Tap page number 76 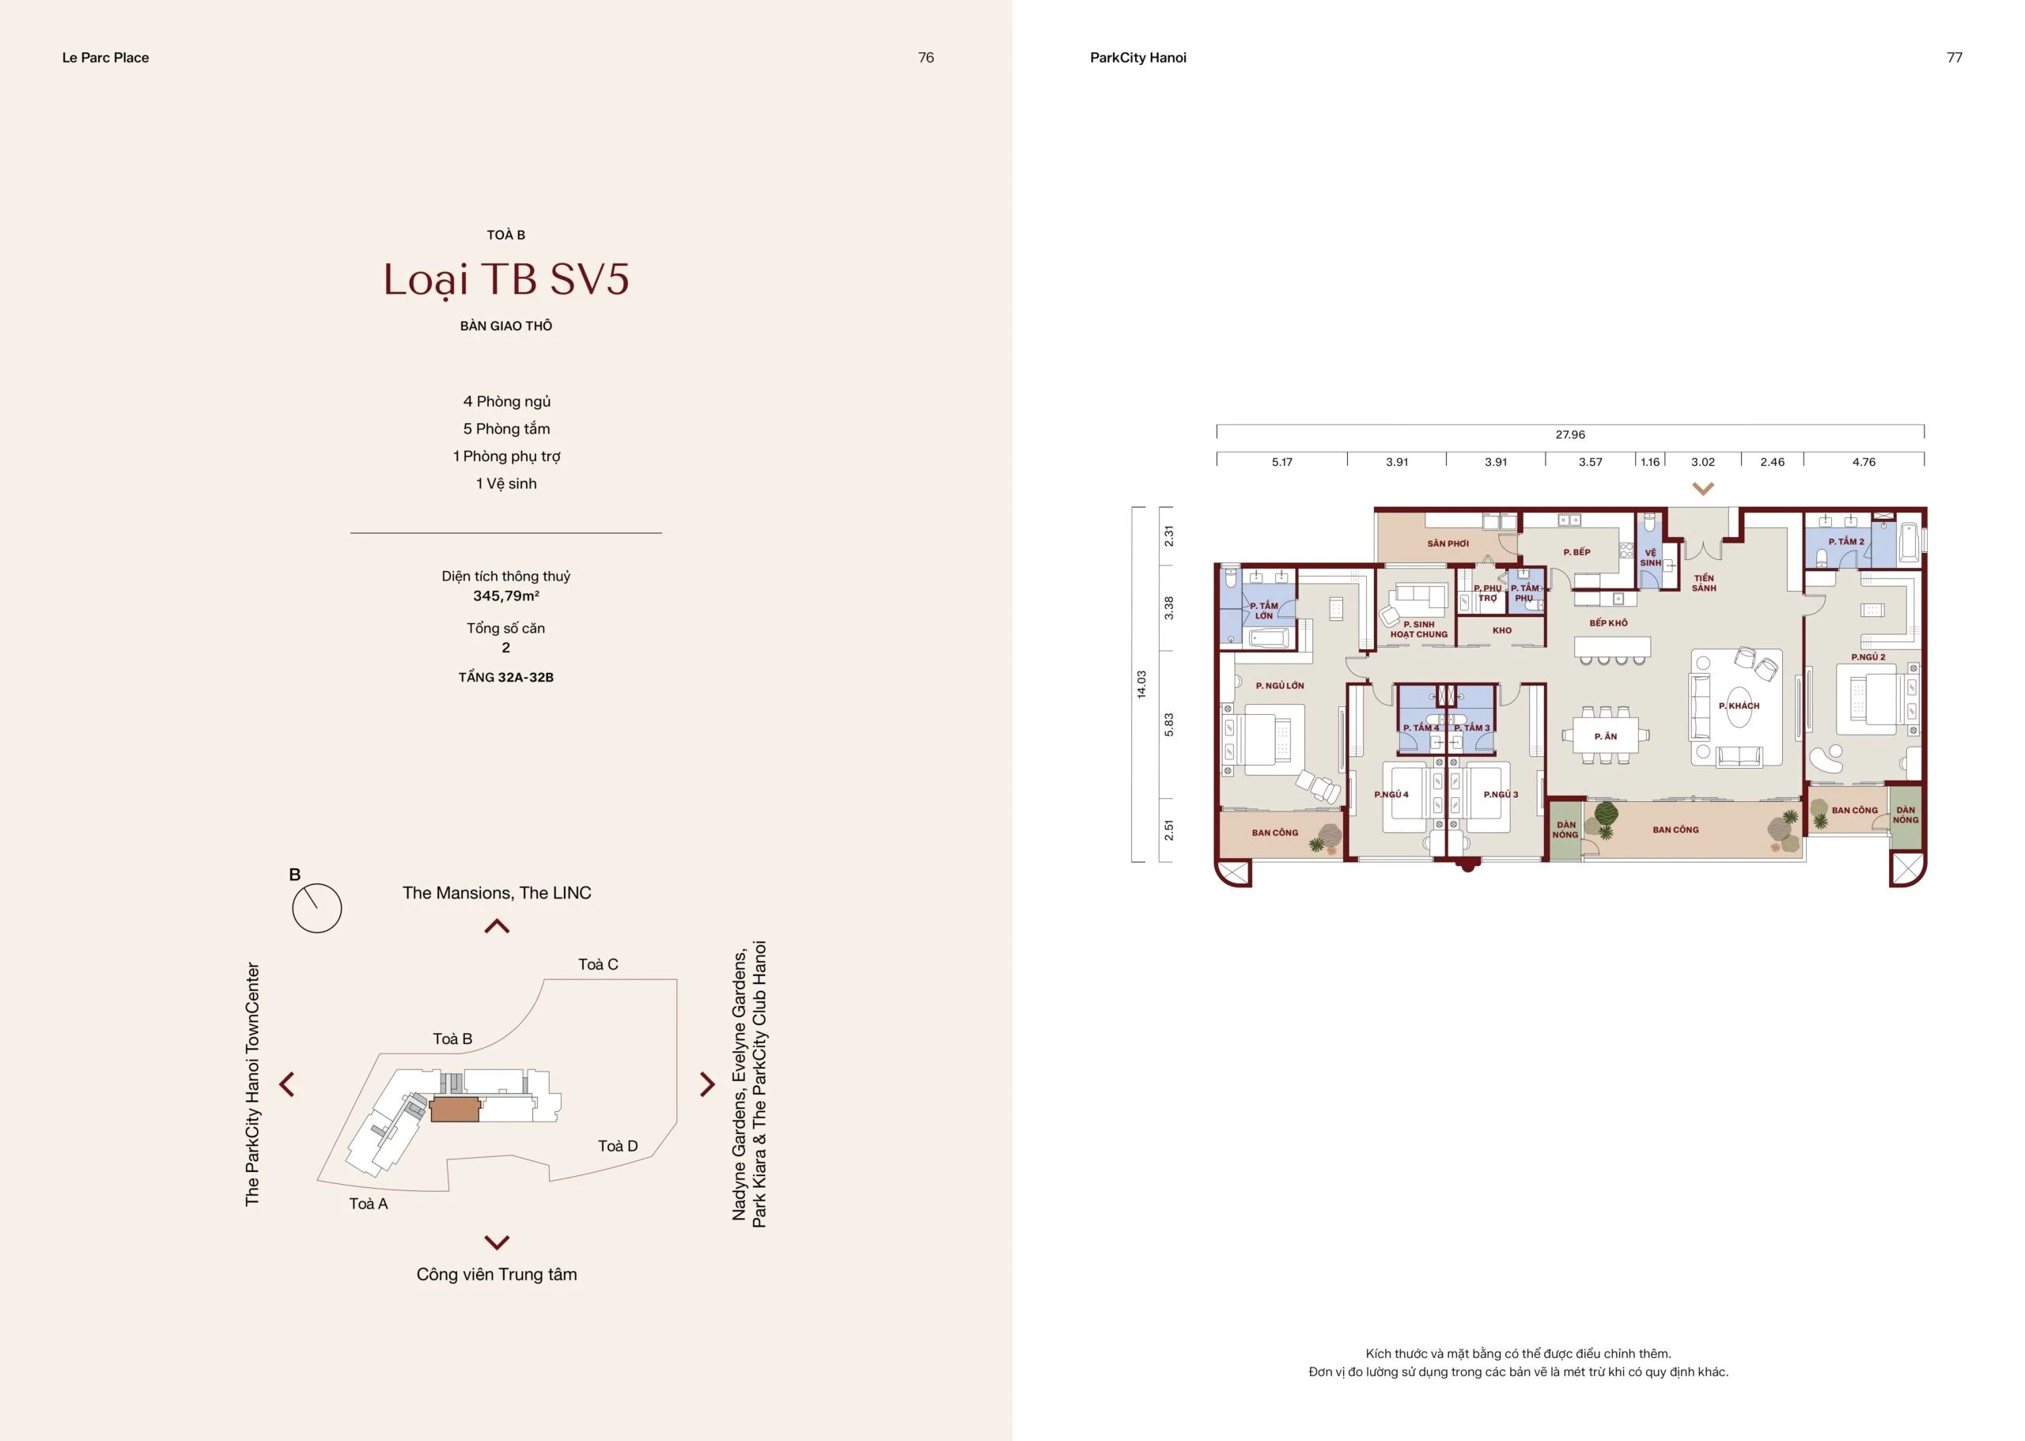925,58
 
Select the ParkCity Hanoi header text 1137,58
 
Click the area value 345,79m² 505,596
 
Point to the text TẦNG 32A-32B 505,677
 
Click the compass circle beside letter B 316,908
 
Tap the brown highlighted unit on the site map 455,1109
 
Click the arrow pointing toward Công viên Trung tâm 497,1242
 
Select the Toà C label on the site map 598,965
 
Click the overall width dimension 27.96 1570,435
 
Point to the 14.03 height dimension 1142,684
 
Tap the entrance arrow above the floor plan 1702,488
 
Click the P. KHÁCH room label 1739,706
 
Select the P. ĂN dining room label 1605,736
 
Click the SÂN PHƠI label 1448,544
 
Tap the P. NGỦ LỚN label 1280,686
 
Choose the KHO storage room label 1501,631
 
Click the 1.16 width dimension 1649,463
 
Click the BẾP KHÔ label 1608,623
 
